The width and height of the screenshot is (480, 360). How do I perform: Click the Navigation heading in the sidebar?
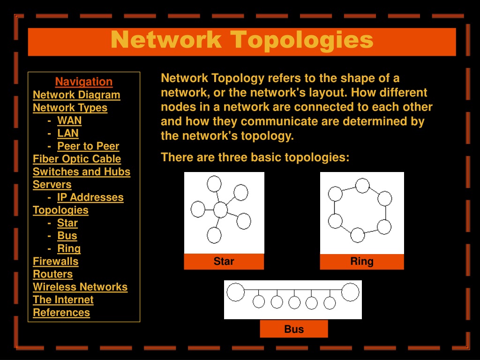tap(84, 82)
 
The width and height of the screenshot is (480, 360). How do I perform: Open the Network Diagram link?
tap(76, 95)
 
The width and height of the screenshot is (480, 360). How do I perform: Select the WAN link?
tap(69, 120)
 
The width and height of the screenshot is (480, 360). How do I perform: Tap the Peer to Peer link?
tap(88, 146)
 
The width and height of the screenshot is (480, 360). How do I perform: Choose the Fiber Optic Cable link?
tap(77, 159)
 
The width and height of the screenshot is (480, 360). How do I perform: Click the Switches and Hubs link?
tap(82, 172)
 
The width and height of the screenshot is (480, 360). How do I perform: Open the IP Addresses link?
tap(90, 197)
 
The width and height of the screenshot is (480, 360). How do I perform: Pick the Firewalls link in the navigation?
tap(55, 261)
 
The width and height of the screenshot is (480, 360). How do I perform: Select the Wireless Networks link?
tap(80, 287)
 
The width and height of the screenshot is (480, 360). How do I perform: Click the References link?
tap(61, 313)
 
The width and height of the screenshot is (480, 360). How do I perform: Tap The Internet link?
tap(63, 300)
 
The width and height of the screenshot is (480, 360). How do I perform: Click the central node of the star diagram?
tap(220, 210)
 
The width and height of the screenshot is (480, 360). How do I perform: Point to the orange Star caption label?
tap(224, 262)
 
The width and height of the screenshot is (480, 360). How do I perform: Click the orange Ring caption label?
tap(362, 262)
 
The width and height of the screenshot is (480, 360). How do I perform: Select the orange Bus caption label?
tap(294, 329)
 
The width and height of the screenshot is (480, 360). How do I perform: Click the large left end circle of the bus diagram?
tap(235, 292)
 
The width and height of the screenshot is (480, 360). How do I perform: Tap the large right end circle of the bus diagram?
tap(350, 292)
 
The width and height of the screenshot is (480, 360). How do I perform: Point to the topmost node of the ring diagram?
tap(362, 186)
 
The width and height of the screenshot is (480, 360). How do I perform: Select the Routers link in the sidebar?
tap(52, 274)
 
